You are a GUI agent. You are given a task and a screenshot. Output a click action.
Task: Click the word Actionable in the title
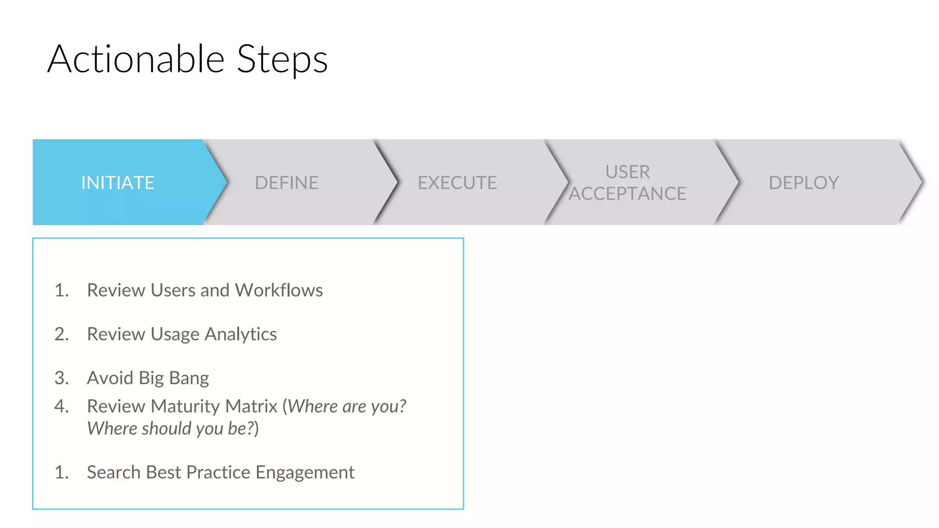coord(136,59)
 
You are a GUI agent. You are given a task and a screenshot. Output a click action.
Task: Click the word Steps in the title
coord(282,60)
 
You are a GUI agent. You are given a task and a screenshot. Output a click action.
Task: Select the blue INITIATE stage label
coord(118,183)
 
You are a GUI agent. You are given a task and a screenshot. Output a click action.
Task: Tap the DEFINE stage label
coord(287,183)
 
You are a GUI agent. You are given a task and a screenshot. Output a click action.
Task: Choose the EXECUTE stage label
coord(457,183)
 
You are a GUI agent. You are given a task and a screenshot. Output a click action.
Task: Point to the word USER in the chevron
coord(628,172)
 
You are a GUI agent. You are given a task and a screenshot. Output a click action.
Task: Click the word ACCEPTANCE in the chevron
coord(628,194)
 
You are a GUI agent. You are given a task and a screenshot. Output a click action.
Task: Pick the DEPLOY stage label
coord(804,183)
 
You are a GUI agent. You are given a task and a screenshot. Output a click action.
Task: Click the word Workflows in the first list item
coord(279,290)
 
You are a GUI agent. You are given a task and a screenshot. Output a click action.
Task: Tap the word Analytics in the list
coord(241,335)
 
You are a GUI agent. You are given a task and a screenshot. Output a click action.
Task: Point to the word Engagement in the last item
coord(305,473)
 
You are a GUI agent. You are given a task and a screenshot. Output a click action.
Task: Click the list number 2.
coord(61,334)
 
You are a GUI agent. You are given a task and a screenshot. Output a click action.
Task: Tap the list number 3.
coord(61,378)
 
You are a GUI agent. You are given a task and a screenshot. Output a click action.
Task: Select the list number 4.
coord(61,406)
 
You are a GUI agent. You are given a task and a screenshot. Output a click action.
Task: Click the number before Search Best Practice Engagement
coord(61,473)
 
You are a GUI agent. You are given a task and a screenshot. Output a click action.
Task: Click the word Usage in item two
coord(175,335)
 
